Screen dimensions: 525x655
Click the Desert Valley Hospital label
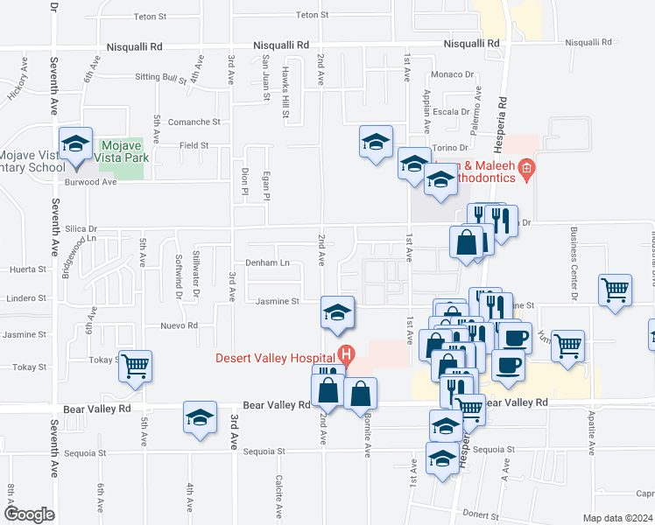[278, 357]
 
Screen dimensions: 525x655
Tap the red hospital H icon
[347, 356]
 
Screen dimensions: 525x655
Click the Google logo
[29, 514]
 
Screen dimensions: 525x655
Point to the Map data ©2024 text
[616, 518]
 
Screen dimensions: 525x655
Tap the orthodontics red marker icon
[526, 168]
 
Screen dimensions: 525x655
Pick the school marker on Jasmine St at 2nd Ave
[337, 312]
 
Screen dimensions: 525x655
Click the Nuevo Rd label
[180, 325]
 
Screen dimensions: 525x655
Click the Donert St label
[480, 514]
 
